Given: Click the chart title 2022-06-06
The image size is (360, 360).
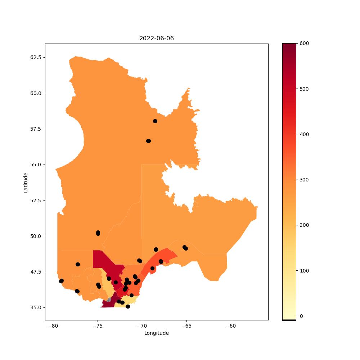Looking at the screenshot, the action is click(156, 39).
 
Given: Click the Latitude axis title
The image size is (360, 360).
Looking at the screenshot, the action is click(26, 183).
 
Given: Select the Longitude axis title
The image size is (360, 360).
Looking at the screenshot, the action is click(156, 333).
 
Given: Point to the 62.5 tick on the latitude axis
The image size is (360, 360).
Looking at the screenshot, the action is click(36, 57).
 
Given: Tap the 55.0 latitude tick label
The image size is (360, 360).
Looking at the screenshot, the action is click(36, 165).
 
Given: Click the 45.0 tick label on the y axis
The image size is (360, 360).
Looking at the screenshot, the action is click(36, 307).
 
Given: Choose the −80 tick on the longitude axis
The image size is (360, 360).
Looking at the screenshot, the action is click(53, 326).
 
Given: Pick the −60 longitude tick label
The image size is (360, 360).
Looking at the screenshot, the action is click(231, 326).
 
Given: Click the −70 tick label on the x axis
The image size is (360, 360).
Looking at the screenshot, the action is click(142, 326).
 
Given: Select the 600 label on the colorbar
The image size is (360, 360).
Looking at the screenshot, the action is click(304, 44).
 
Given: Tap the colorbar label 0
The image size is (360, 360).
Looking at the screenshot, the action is click(301, 316).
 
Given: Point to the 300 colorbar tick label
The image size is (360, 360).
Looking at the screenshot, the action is click(304, 180).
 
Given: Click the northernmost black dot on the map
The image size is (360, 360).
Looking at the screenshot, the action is click(155, 121).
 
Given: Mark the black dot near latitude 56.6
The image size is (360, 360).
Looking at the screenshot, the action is click(149, 141).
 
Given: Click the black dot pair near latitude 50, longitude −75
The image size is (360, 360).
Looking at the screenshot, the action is click(98, 233).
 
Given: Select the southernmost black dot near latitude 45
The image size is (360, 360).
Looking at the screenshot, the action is click(128, 306).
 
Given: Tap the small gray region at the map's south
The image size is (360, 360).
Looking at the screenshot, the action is click(109, 300).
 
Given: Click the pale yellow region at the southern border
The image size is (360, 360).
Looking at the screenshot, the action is click(127, 302).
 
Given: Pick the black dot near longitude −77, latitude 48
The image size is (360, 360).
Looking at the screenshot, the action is click(78, 265).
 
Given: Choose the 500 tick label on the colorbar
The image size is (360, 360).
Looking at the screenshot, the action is click(304, 89).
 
